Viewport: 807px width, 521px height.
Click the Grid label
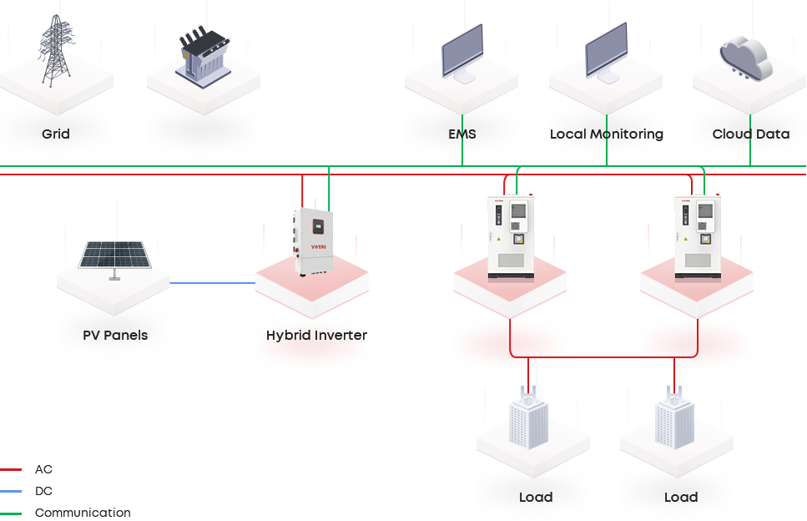(x=56, y=134)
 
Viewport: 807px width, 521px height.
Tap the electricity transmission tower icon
(x=56, y=51)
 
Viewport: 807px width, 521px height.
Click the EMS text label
(x=462, y=134)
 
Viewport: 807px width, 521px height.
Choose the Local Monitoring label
(x=606, y=134)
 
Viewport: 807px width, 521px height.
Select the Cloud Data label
(x=750, y=134)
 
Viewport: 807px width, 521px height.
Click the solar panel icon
(x=115, y=255)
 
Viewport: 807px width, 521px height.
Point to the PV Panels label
(x=115, y=335)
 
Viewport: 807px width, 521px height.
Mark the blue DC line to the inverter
(x=213, y=283)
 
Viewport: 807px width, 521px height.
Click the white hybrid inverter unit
(x=312, y=240)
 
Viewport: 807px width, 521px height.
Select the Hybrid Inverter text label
(x=316, y=335)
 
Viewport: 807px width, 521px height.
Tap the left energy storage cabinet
(x=510, y=237)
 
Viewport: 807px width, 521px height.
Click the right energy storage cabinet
(x=697, y=237)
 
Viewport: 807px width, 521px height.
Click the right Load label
(x=680, y=497)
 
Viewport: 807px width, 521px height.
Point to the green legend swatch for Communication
(x=12, y=513)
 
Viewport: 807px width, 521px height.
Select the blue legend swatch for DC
(x=12, y=491)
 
